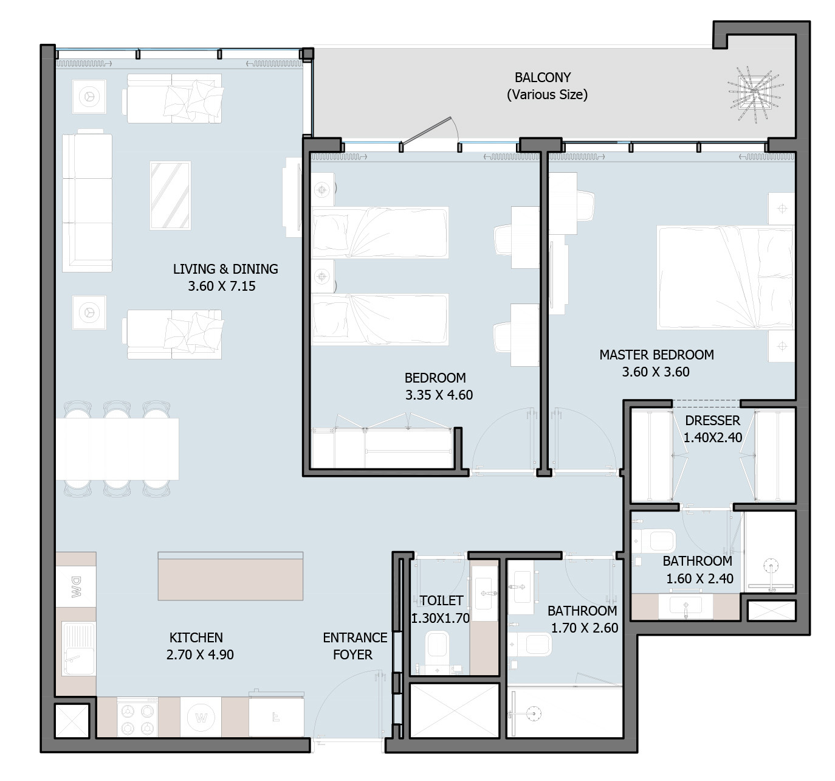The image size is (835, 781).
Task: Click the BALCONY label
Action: (543, 77)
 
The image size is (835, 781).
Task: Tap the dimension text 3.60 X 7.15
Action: (222, 286)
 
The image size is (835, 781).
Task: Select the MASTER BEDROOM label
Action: (656, 355)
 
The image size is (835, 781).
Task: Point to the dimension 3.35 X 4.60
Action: (439, 395)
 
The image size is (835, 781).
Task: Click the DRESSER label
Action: (713, 420)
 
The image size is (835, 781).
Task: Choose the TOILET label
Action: (441, 600)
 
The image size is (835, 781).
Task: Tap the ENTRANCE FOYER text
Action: (355, 647)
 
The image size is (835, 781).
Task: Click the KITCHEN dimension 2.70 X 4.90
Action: (200, 654)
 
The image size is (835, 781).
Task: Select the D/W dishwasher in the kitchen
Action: (76, 586)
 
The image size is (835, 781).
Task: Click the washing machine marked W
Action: (201, 717)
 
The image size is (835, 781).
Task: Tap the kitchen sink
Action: (78, 648)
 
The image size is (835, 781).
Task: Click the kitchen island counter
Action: (230, 577)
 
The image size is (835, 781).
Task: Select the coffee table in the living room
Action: (170, 195)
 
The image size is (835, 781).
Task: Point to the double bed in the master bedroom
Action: (725, 277)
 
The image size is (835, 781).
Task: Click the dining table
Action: (117, 449)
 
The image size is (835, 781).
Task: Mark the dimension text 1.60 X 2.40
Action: (699, 579)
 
